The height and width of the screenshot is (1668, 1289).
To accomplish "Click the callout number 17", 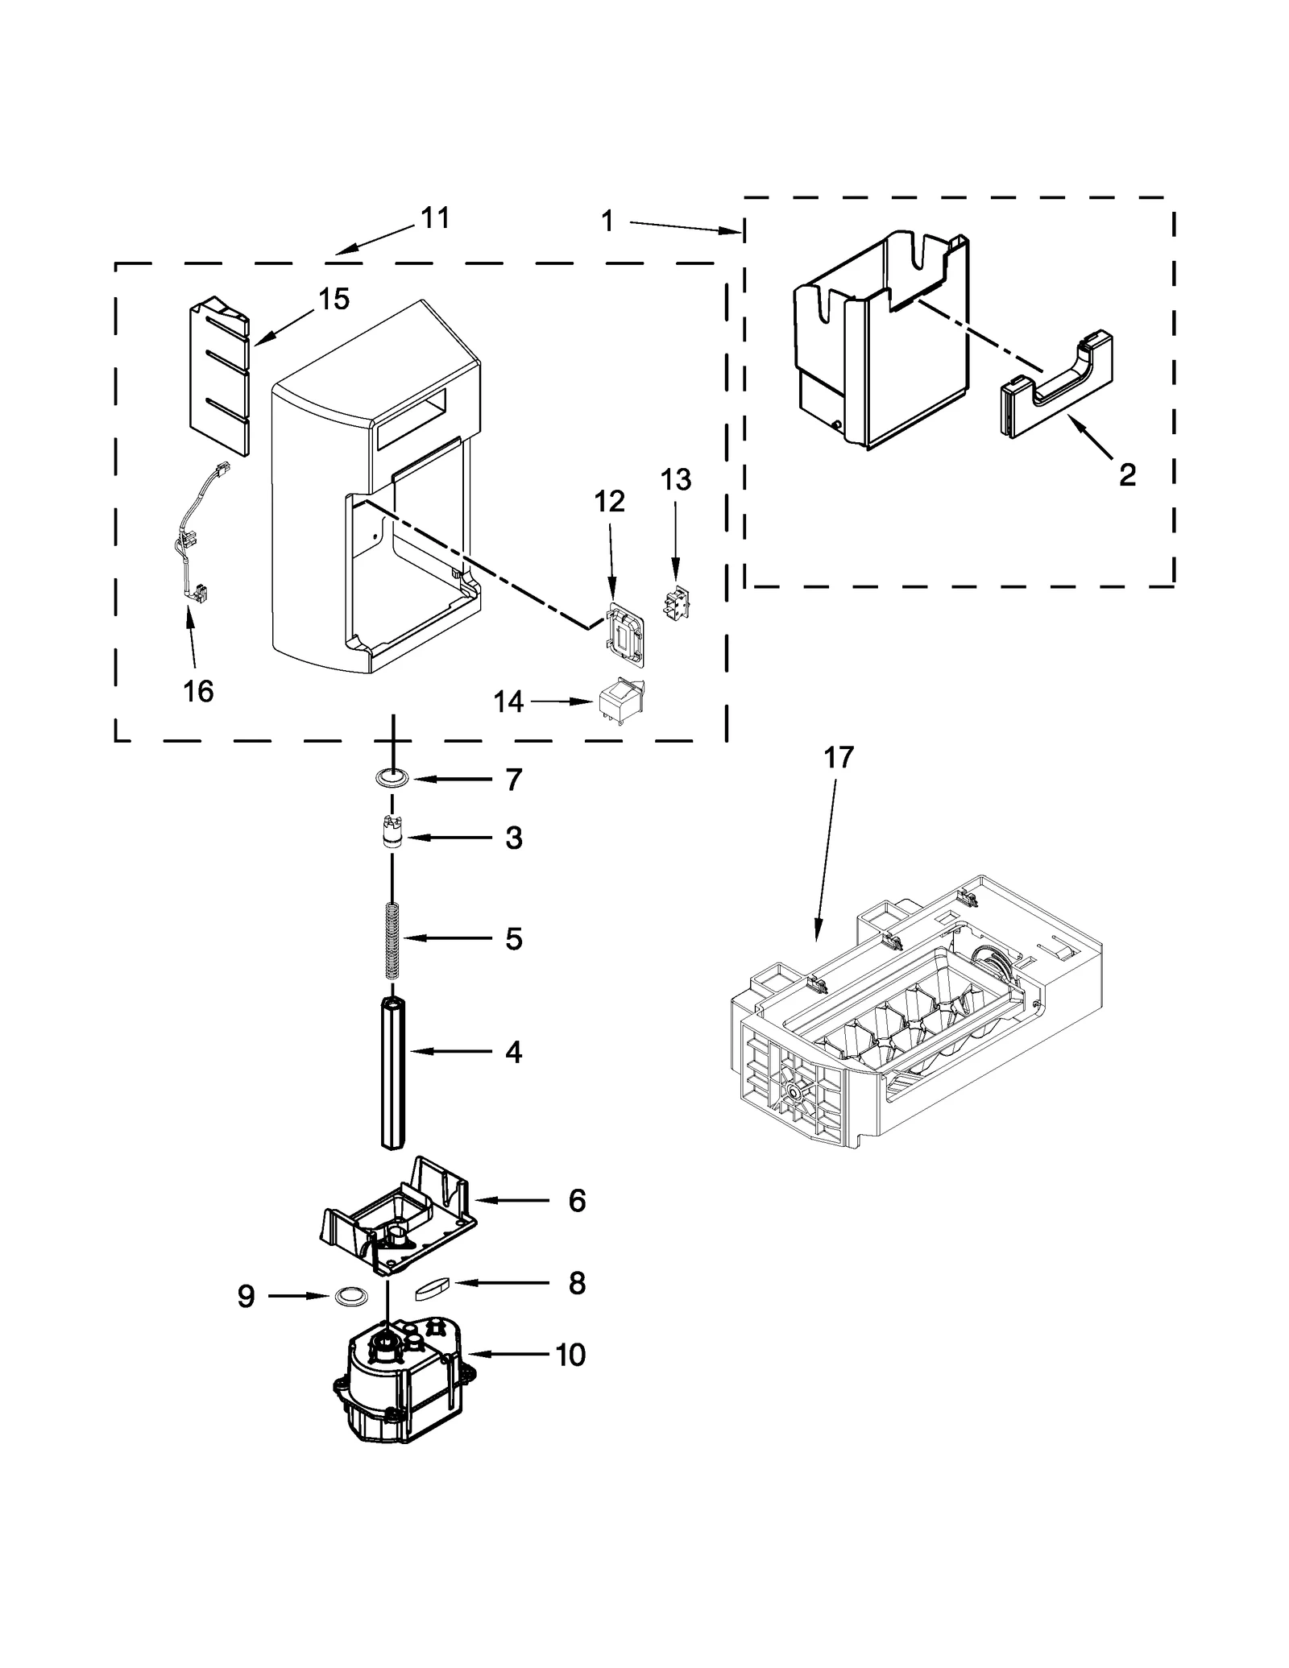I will pyautogui.click(x=838, y=758).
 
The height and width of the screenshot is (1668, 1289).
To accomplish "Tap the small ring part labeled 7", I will pyautogui.click(x=392, y=778).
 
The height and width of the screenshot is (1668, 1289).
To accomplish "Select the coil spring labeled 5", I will pyautogui.click(x=392, y=940).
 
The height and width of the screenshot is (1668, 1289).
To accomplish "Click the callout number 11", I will pyautogui.click(x=435, y=218).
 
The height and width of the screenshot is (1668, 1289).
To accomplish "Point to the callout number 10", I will pyautogui.click(x=570, y=1355).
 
